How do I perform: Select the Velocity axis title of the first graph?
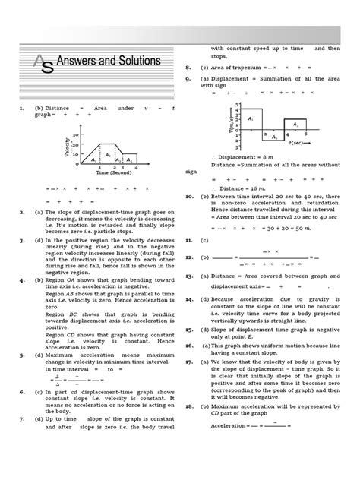(67, 148)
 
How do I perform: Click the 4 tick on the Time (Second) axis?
(136, 166)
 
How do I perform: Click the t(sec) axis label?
(297, 142)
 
